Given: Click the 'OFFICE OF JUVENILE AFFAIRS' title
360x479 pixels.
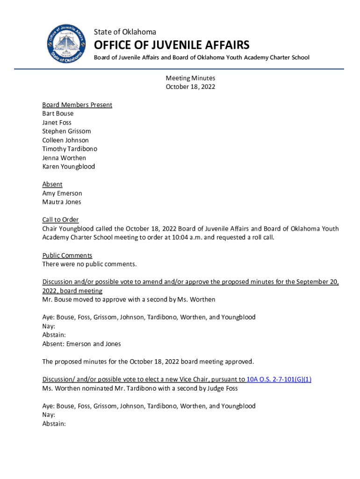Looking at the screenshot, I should click(172, 45).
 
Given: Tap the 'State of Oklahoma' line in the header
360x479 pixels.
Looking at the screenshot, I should click(125, 32).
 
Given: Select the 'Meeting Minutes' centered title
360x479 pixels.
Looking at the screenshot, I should click(190, 78).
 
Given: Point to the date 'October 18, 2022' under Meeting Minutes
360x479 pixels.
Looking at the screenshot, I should click(190, 87).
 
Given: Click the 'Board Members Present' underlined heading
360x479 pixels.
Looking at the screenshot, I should click(77, 105).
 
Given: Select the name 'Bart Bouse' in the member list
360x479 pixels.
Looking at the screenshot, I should click(58, 114).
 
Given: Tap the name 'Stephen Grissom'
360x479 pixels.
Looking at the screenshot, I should click(66, 131).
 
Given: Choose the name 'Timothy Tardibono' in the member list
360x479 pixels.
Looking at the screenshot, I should click(70, 149).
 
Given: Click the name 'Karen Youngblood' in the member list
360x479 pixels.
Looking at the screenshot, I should click(68, 167).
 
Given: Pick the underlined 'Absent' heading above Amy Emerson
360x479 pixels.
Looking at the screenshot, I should click(52, 184).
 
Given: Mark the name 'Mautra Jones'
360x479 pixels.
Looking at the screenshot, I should click(62, 202).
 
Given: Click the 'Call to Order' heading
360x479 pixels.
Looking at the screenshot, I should click(60, 220).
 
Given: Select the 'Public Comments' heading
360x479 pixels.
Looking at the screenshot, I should click(67, 255).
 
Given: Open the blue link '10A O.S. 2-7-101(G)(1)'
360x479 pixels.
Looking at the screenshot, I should click(279, 379).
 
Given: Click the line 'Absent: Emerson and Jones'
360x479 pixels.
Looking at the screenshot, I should click(81, 344).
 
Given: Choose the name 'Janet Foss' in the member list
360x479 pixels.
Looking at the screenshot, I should click(57, 123).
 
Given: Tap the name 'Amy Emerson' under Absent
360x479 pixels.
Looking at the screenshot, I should click(62, 193).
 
